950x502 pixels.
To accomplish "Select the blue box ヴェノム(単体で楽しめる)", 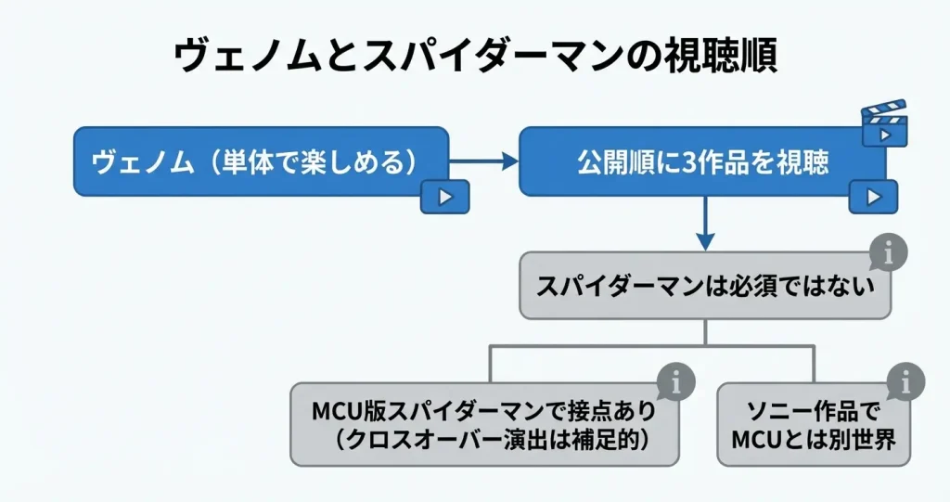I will point(250,161).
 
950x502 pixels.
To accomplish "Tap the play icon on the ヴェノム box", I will point(444,197).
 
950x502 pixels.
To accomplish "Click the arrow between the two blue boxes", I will point(483,161).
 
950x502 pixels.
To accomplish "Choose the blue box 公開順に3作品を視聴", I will point(701,161).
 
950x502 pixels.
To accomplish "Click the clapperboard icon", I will point(884,123).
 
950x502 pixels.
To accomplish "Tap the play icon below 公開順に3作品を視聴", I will point(873,197).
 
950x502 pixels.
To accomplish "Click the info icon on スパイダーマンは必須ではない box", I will point(888,252).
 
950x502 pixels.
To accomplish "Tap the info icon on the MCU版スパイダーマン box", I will point(675,380).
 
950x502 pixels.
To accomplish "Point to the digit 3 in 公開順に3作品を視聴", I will point(689,162).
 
